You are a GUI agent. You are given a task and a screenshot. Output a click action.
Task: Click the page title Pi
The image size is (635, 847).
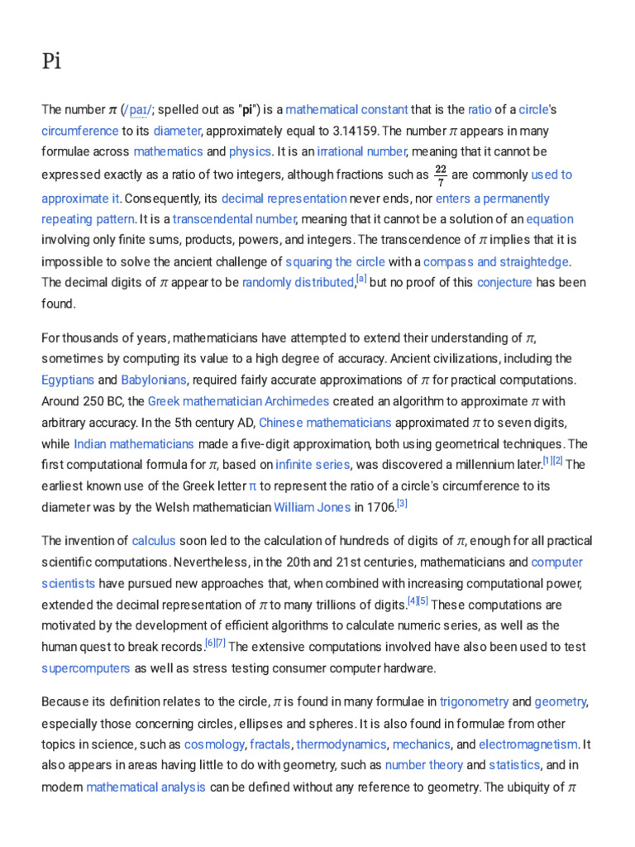(52, 63)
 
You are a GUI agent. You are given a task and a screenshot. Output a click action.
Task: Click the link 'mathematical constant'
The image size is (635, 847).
(346, 109)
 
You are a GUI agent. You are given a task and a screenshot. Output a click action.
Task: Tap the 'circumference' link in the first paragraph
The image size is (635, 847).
(79, 131)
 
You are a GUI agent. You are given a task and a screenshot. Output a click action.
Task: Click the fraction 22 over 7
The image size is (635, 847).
(440, 175)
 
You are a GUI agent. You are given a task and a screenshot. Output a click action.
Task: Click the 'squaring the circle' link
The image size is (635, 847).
(335, 261)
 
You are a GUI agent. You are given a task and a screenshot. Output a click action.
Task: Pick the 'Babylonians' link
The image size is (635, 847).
(155, 380)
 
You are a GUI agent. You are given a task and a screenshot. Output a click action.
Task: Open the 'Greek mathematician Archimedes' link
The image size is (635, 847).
(238, 401)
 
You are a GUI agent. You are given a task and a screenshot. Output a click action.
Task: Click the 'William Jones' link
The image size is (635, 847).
(312, 507)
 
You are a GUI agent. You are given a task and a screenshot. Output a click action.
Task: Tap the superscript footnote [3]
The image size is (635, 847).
(402, 503)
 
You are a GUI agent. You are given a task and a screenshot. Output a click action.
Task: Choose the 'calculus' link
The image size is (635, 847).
(154, 541)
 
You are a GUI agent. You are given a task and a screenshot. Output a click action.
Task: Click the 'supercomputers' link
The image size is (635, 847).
(86, 668)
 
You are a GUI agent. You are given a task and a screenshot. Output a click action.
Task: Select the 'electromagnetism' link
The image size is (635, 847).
(528, 744)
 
